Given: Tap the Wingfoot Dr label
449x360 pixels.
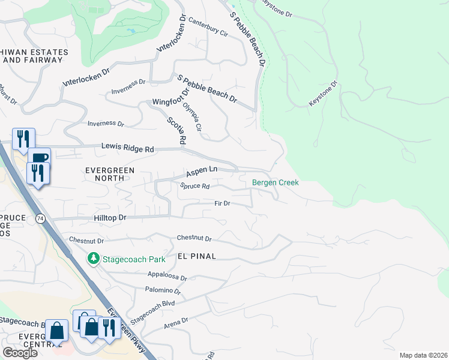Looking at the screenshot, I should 171,97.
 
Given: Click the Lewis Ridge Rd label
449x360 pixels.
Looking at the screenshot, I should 127,146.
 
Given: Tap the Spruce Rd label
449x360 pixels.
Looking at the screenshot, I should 194,186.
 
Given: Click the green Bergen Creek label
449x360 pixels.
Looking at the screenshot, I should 275,182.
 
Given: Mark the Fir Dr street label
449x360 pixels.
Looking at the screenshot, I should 222,203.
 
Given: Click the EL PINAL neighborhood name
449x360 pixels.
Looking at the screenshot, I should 196,256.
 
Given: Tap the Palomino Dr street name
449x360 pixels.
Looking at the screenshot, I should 163,290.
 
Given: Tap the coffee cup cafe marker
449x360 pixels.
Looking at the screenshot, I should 39,158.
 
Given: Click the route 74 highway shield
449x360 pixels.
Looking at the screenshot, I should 40,217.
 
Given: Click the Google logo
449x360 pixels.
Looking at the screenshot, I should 20,353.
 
